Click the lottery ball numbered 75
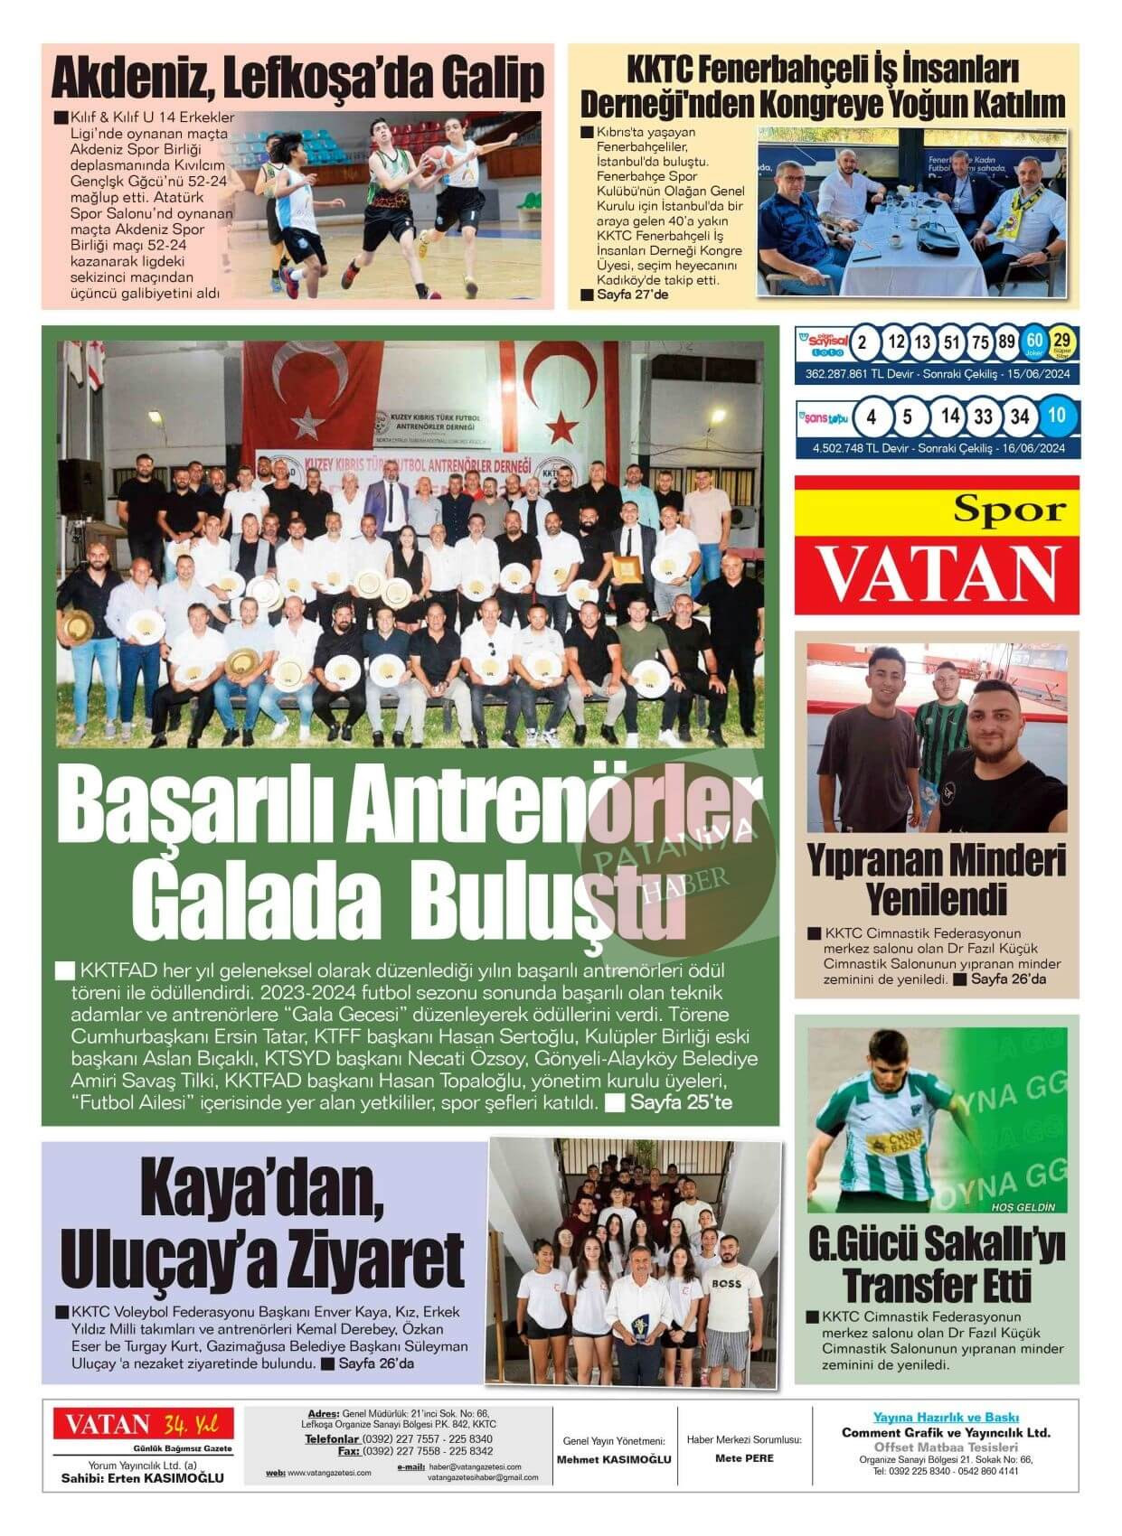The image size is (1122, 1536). (x=980, y=342)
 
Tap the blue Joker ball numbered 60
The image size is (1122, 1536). (x=1033, y=342)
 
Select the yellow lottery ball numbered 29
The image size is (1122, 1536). (x=1061, y=342)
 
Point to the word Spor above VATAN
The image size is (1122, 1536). (x=1011, y=510)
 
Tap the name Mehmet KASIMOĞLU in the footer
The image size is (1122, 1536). (x=614, y=1459)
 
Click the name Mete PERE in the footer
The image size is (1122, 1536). (x=744, y=1457)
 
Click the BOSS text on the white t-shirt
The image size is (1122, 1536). (x=725, y=1284)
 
